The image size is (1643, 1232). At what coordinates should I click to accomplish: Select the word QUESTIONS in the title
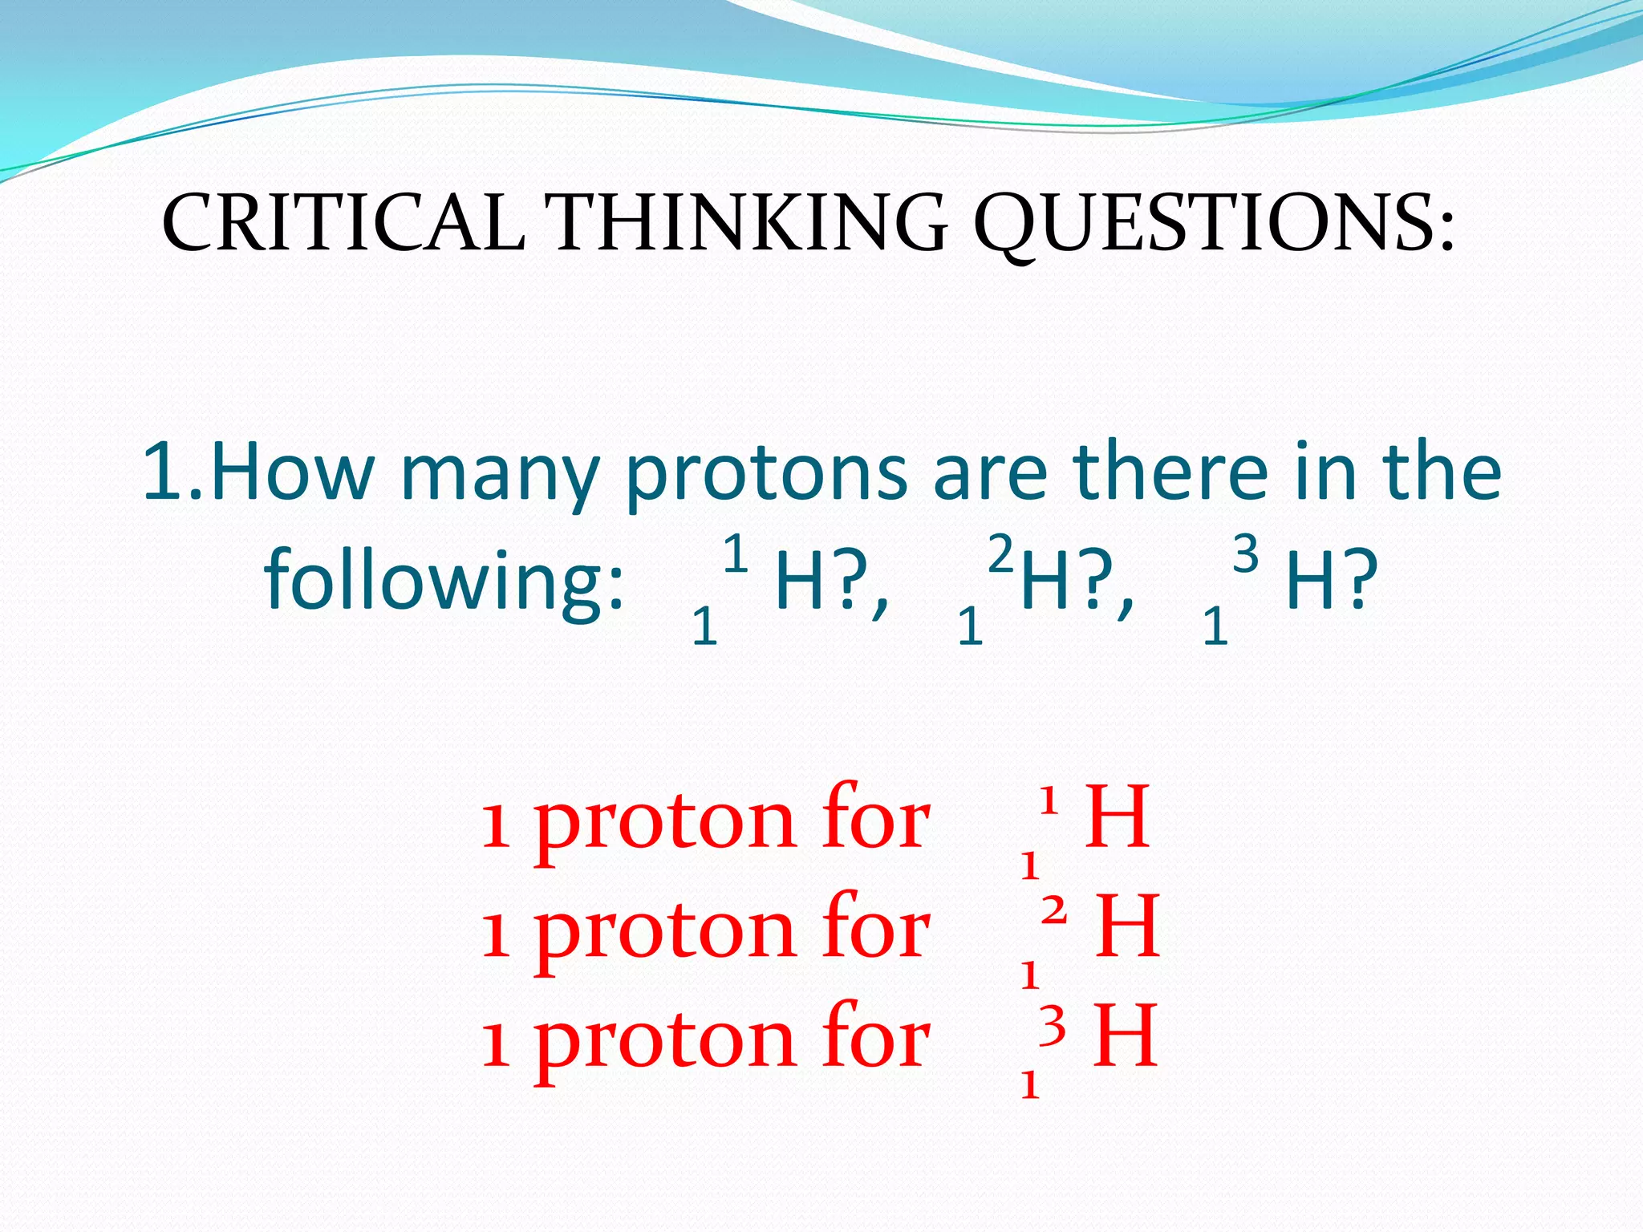coord(1211,225)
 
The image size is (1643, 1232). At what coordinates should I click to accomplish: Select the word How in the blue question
coord(292,473)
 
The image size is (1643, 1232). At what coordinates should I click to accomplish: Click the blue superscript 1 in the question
coord(735,554)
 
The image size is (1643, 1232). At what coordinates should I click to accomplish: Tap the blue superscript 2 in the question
coord(1000,554)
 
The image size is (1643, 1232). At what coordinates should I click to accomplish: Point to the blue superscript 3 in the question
coord(1245,554)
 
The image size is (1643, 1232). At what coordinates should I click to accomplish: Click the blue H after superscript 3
coord(1309,581)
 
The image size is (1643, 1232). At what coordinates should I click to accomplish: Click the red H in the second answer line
coord(1127,927)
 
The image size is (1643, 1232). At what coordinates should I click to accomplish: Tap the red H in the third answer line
coord(1126,1037)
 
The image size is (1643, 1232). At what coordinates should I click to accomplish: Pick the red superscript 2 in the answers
coord(1054,911)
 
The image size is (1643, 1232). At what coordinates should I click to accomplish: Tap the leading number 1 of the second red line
coord(496,935)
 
